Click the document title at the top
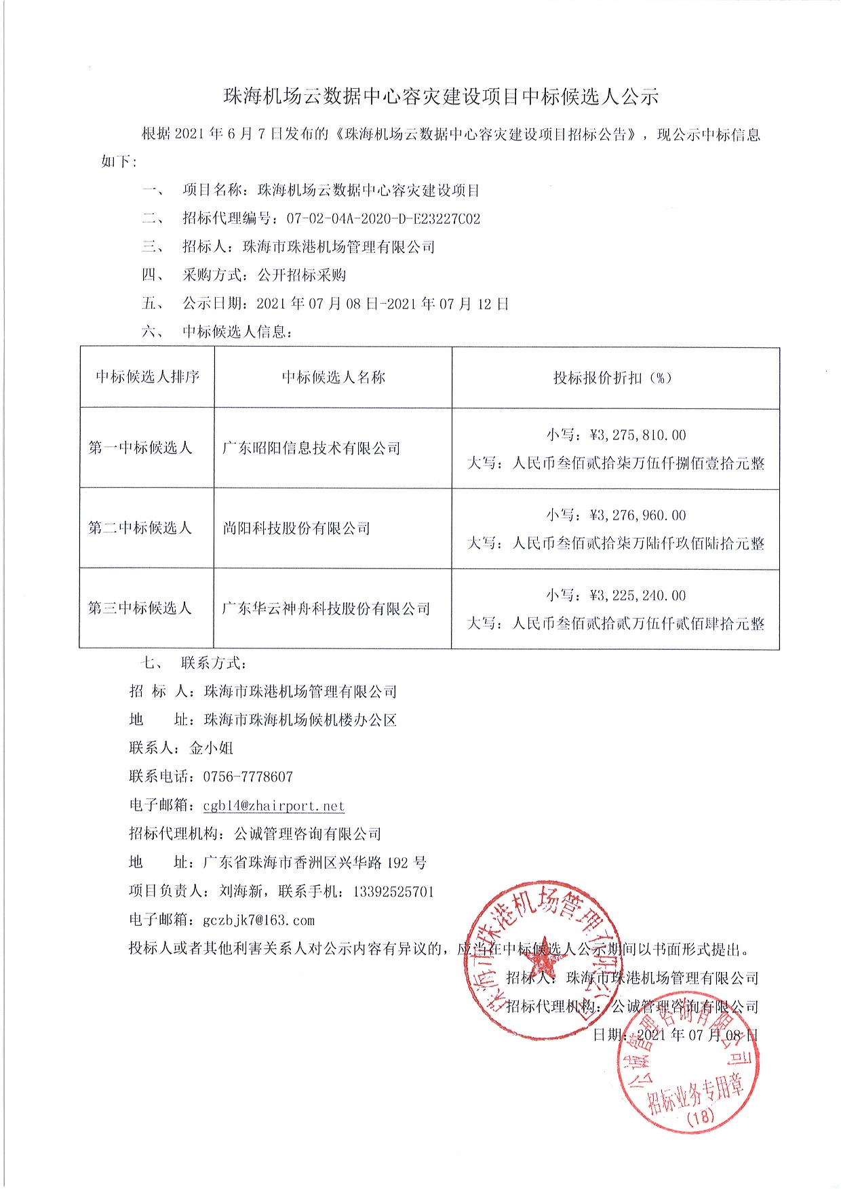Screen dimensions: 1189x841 tap(441, 97)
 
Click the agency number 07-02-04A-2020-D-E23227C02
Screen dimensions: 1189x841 tap(383, 219)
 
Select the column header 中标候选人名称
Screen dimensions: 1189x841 tap(333, 378)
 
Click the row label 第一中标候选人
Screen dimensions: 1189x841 tap(140, 448)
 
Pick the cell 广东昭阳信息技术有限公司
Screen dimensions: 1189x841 tap(311, 448)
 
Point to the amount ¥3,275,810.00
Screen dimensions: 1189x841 tap(638, 435)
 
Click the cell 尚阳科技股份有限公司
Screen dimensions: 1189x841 tap(296, 528)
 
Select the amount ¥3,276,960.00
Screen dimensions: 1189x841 tap(638, 515)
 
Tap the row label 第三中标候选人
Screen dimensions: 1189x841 tap(140, 608)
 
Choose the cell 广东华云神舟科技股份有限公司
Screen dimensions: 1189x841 tap(326, 608)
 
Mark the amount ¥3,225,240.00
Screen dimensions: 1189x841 tap(638, 596)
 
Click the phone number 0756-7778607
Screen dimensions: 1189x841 tap(248, 777)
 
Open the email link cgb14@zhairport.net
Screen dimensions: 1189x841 tap(274, 806)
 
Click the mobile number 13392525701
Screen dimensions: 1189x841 tap(393, 892)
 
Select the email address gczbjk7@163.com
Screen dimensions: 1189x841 tap(259, 920)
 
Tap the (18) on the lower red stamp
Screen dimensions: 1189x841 tap(701, 1116)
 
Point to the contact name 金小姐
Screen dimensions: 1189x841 tap(212, 748)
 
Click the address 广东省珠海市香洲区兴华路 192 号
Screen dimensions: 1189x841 tap(315, 863)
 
